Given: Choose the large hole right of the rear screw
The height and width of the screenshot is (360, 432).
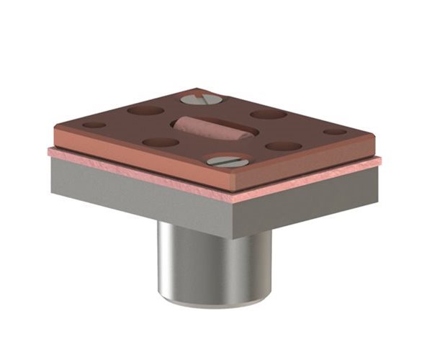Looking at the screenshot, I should (x=269, y=114).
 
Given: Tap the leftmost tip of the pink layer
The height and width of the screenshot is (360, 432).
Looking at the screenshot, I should (x=49, y=151).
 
